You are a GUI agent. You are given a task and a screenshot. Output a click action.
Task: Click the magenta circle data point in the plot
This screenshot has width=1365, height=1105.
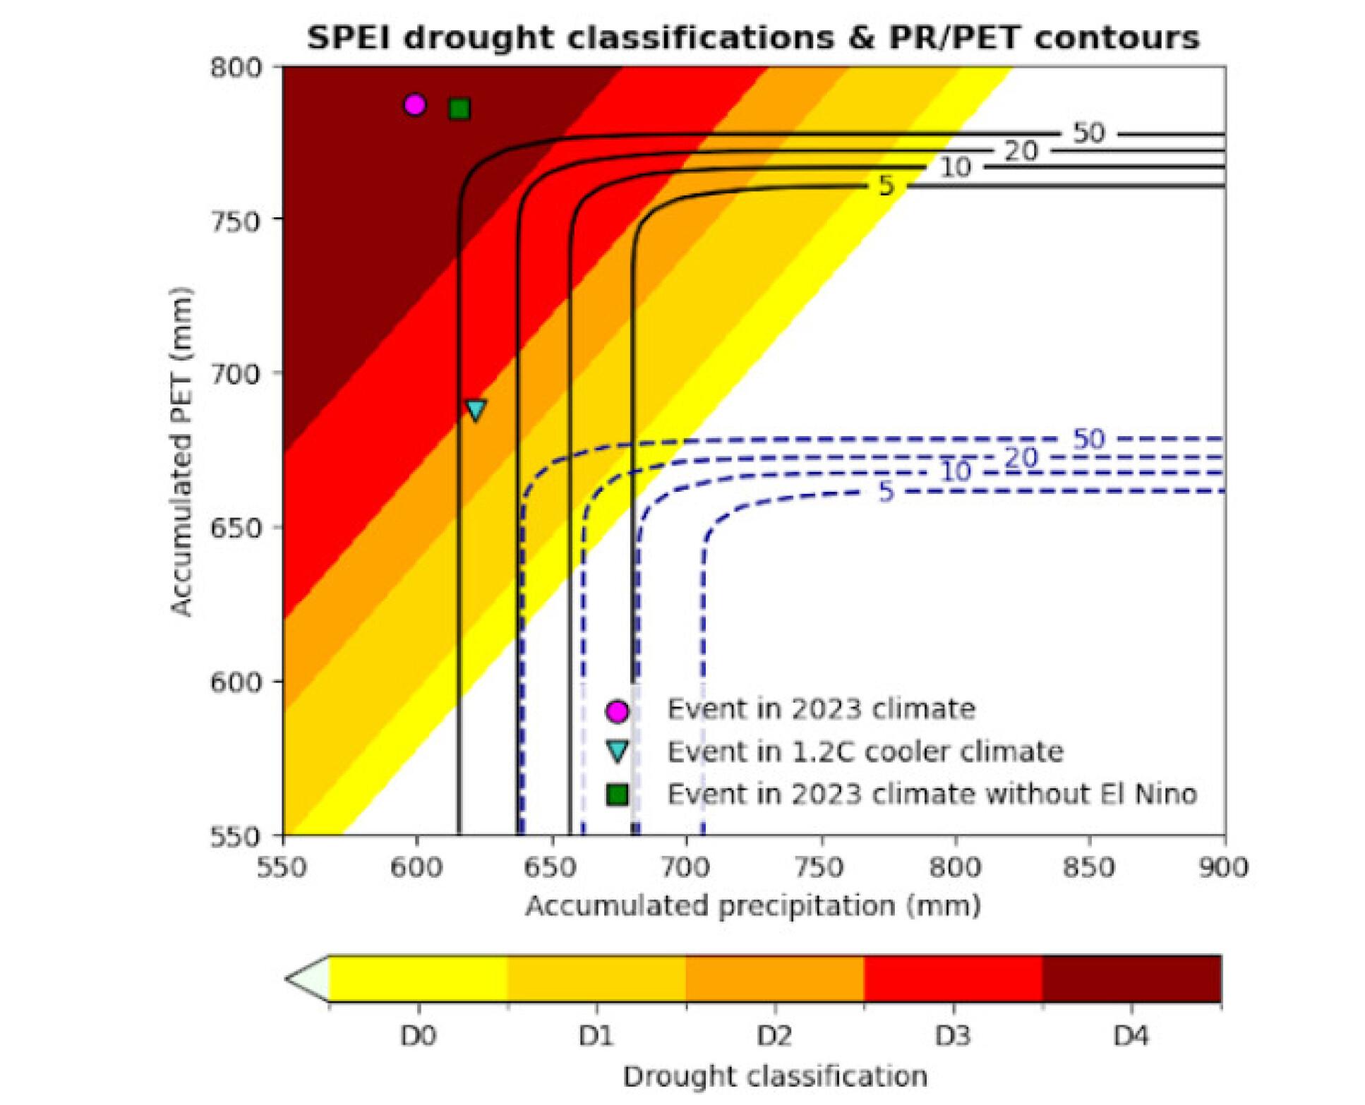414,104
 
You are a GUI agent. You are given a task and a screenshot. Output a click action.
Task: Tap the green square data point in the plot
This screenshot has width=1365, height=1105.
459,109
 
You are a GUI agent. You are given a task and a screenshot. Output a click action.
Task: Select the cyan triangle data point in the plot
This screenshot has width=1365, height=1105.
476,410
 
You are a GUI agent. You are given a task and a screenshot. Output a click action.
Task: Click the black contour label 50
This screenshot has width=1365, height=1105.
1088,133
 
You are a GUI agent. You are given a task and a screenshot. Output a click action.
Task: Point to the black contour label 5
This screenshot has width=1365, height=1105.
886,186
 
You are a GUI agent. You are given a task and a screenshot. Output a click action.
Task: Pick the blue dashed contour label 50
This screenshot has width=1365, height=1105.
1088,439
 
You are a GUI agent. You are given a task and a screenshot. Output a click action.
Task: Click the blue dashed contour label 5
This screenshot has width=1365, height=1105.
886,491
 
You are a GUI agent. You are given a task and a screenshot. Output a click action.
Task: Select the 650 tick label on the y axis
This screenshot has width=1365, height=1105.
236,528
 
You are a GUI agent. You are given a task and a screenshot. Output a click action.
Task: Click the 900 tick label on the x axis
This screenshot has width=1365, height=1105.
1223,867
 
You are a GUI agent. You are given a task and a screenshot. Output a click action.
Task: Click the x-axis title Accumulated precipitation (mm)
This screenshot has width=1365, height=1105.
753,905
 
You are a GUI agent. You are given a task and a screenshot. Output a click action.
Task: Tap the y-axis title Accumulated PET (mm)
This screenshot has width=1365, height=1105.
181,452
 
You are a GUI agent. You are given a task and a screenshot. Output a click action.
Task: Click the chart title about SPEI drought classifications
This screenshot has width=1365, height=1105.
753,37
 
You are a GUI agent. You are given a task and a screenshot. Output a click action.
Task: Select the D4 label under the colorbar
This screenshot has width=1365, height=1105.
1131,1036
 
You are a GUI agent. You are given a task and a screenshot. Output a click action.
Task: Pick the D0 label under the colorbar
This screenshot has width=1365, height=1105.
418,1036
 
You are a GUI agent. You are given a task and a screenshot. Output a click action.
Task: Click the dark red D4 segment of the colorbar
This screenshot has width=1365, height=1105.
1131,979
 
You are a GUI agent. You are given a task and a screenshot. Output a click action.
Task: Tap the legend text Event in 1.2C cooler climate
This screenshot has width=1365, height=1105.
865,751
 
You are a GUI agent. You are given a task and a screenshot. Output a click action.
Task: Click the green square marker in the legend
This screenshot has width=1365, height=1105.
618,795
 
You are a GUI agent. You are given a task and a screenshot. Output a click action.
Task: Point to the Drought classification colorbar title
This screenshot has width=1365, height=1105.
774,1076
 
